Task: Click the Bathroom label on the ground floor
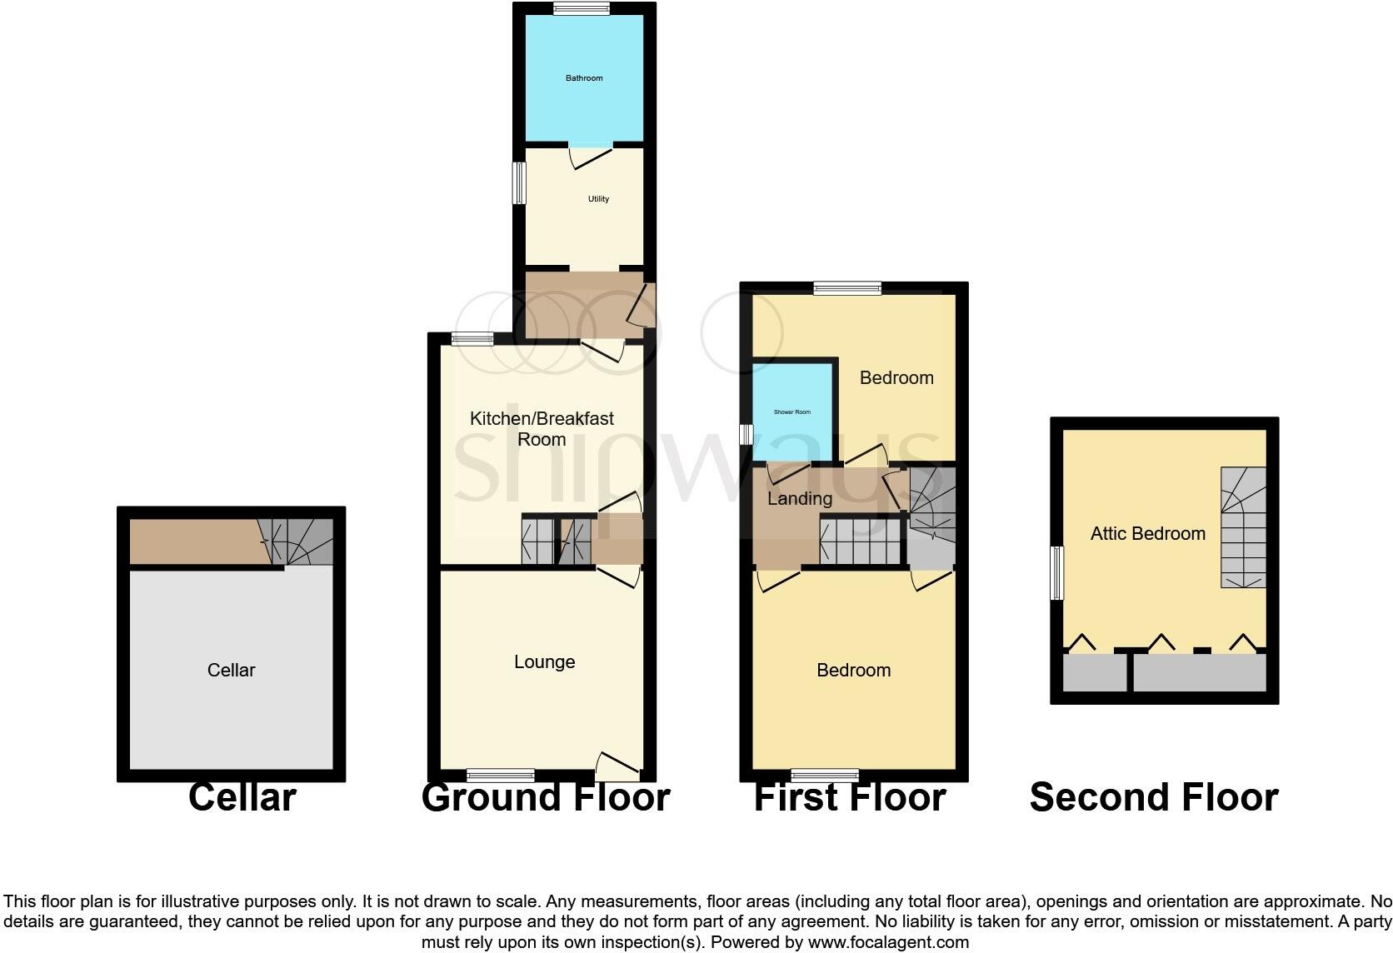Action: point(584,78)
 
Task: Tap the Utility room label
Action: point(598,199)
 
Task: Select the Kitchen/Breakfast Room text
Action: point(542,429)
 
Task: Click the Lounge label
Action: point(544,662)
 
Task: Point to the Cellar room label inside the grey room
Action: point(231,671)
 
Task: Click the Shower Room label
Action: point(791,412)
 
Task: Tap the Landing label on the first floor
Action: point(800,499)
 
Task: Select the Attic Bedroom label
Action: point(1147,534)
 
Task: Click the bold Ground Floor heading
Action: point(546,798)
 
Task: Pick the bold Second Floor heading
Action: point(1154,798)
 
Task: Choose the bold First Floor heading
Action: point(849,798)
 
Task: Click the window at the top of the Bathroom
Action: point(581,9)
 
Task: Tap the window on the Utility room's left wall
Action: point(519,182)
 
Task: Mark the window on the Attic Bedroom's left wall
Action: point(1056,572)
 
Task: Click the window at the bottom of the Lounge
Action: point(501,775)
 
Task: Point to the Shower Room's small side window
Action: point(746,434)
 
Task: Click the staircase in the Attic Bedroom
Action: point(1243,527)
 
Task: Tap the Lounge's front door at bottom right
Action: point(618,762)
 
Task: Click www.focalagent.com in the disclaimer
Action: point(888,943)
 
